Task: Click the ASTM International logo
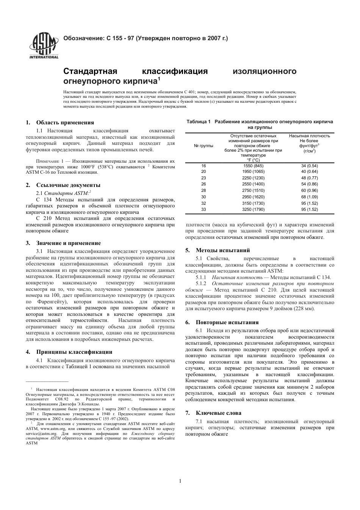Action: pos(44,46)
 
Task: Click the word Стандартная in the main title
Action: pos(91,71)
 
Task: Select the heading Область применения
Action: pos(65,122)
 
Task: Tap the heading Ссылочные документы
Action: pos(68,185)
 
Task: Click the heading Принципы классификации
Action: pos(74,352)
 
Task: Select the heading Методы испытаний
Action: pos(222,250)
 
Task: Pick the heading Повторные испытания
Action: pos(227,322)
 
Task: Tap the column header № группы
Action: pos(203,146)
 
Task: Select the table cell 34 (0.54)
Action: pos(309,166)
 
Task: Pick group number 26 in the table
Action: pos(203,184)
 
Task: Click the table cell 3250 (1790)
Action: pos(253,209)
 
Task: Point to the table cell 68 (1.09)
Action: pos(309,197)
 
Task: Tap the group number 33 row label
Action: pos(203,209)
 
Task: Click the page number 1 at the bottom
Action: pos(180,481)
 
